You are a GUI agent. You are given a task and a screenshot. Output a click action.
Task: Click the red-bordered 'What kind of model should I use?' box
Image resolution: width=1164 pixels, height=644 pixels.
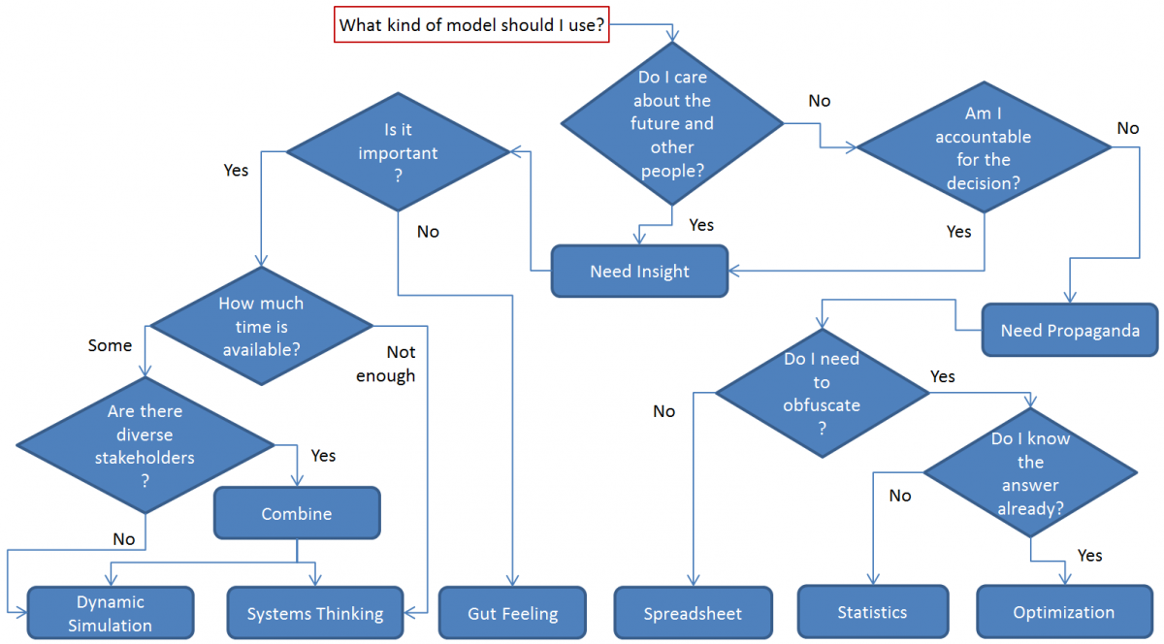point(472,25)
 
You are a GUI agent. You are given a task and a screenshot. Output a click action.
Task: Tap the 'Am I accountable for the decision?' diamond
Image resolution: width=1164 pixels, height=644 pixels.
point(984,147)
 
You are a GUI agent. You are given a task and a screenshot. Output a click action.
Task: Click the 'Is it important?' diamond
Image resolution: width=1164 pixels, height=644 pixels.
point(398,152)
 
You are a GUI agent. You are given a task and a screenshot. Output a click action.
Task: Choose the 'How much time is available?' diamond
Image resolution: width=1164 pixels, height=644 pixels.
point(260,327)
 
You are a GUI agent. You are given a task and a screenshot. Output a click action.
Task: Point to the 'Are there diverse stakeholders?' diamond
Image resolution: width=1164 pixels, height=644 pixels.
point(145,445)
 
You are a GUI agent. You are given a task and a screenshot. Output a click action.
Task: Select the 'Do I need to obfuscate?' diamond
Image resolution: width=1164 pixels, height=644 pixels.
point(822,394)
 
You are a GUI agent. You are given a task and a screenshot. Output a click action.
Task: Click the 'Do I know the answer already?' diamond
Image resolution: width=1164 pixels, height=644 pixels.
point(1030,473)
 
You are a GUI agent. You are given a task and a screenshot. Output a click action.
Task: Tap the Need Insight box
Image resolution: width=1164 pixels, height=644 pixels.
point(639,272)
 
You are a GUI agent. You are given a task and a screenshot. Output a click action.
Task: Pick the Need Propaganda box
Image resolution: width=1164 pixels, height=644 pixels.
point(1069,331)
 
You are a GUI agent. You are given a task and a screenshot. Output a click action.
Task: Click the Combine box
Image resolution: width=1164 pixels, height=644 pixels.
point(297,514)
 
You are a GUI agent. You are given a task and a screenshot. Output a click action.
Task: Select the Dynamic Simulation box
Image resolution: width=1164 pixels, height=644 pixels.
point(110,613)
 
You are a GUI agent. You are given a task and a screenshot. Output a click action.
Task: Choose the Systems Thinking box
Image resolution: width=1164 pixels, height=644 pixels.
point(315,613)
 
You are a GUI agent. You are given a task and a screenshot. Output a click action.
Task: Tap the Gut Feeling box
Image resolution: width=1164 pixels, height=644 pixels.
point(512,613)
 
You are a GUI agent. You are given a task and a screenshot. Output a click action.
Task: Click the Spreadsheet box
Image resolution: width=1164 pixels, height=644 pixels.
point(693,613)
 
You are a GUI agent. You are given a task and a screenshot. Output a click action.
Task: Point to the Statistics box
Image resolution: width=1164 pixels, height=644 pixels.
point(872,612)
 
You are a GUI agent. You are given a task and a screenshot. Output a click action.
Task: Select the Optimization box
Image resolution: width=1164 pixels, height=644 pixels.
point(1063,612)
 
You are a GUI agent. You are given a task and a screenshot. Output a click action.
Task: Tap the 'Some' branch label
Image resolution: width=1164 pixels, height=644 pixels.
point(110,345)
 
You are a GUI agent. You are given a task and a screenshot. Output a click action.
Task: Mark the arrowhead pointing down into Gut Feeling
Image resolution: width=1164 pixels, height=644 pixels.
point(511,580)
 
